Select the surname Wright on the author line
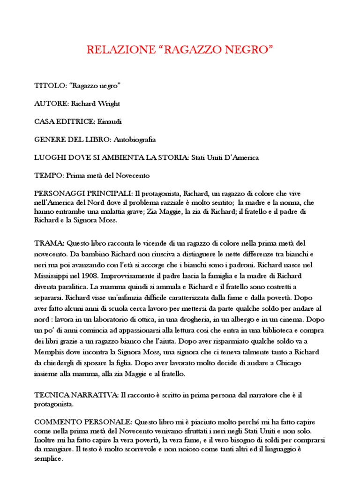[x=114, y=103]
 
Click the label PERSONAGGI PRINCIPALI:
[x=83, y=194]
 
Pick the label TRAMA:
[x=50, y=243]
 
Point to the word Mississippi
[x=53, y=275]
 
